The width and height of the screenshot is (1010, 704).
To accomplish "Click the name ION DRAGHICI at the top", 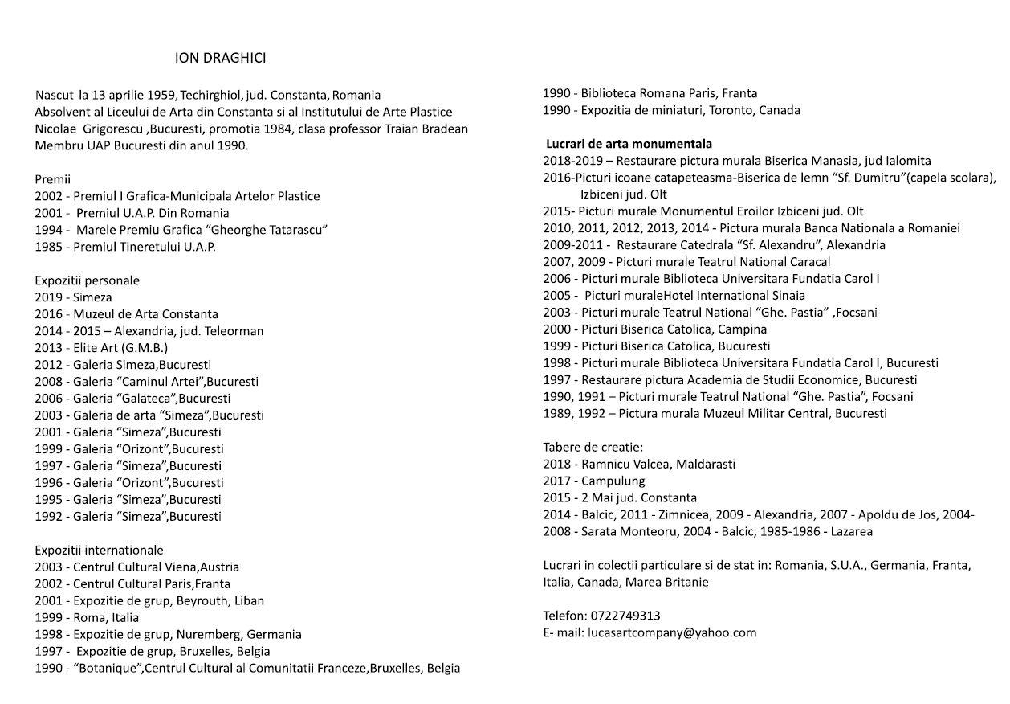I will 221,59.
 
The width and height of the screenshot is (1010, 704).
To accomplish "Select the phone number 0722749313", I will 625,616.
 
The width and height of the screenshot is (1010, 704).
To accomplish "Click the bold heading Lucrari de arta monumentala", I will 629,144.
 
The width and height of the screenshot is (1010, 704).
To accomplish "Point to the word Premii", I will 53,179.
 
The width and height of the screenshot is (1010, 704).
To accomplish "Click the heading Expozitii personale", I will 87,280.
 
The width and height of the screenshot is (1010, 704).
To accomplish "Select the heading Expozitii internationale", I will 99,551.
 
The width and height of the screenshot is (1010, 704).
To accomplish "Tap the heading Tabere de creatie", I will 593,447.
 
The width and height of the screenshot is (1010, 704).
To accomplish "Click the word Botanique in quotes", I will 106,668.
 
